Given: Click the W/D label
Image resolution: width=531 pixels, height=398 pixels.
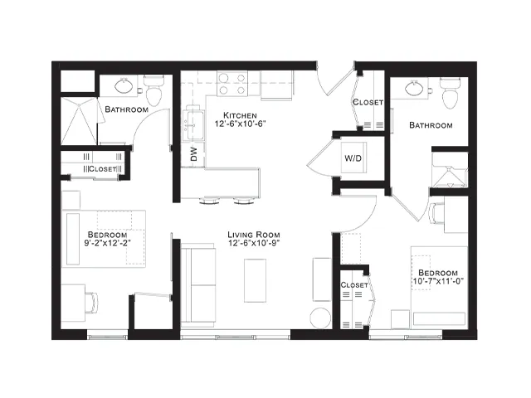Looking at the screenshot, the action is pos(353,158).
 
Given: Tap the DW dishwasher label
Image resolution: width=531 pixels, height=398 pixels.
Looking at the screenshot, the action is pos(193,154).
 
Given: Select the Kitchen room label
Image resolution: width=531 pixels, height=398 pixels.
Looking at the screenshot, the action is pos(240,115).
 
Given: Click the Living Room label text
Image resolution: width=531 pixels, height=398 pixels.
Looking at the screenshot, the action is pos(254,235).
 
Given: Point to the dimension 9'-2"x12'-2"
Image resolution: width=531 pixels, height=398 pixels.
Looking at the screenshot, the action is pos(107,243).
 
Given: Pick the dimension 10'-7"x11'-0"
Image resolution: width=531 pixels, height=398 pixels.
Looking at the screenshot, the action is pos(438,281).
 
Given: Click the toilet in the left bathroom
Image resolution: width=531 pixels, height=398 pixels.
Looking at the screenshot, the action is pos(153,90).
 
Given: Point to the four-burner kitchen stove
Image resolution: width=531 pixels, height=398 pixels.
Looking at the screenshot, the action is pos(232,84).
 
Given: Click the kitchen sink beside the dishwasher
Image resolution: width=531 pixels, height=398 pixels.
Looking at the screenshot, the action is pos(193,124).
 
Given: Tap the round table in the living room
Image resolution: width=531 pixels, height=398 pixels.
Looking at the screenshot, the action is pos(320,318).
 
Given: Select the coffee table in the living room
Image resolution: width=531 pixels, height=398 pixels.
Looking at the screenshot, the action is pos(255,280).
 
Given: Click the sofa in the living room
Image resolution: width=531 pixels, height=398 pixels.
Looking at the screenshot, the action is pos(198,285).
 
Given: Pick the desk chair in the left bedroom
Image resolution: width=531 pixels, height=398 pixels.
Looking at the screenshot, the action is pos(91,303).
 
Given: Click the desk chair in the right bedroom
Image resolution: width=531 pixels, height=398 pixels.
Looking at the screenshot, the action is pos(436,213).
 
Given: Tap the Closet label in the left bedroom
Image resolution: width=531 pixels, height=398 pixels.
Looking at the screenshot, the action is pos(102,168).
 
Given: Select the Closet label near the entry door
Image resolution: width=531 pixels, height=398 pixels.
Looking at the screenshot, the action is pos(368,102).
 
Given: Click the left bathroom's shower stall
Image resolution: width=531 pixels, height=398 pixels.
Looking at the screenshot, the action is pos(79,121).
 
